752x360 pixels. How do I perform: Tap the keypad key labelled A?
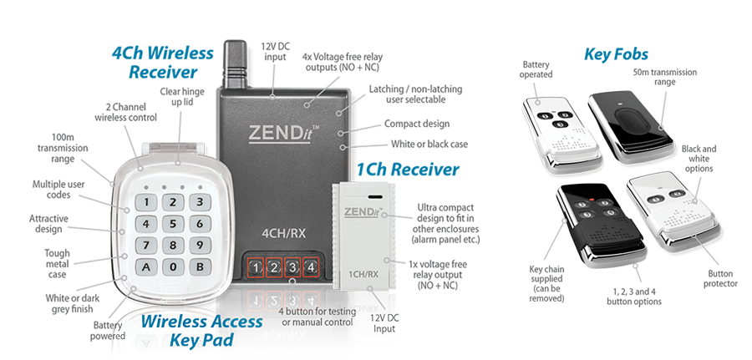(147, 267)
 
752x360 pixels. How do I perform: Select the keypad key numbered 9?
(198, 246)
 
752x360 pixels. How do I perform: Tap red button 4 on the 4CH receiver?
(309, 267)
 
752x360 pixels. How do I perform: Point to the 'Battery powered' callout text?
(108, 330)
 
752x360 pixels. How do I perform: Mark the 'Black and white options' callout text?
(698, 159)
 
